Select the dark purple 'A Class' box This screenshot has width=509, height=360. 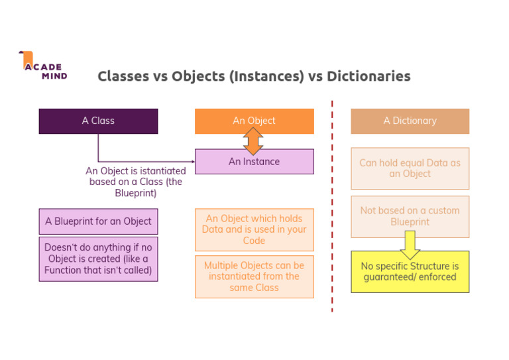pos(98,121)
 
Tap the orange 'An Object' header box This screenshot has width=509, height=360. pos(254,121)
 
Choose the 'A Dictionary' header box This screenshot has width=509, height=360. pos(410,121)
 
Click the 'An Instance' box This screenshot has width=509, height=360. pos(254,162)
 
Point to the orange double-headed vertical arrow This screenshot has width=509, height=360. pos(253,141)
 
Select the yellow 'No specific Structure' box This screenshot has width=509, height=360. pos(410,272)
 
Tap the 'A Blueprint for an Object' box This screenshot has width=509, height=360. pos(98,221)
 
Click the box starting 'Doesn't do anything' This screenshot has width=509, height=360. pos(98,259)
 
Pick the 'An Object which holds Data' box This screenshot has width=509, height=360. pos(254,229)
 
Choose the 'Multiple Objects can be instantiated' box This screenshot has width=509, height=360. pos(254,276)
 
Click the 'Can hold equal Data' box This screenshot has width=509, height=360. pos(410,168)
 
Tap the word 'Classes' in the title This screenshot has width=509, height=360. pos(123,76)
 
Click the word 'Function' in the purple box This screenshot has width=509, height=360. pos(65,270)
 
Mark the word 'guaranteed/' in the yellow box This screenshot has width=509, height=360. pos(391,277)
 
